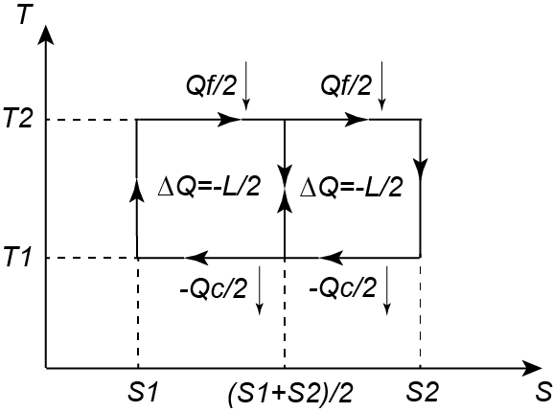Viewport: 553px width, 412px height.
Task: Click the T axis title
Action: tap(23, 13)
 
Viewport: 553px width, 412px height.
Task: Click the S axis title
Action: tap(543, 392)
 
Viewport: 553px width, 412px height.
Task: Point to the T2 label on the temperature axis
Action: tap(18, 120)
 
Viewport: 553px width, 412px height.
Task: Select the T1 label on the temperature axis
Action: tap(16, 257)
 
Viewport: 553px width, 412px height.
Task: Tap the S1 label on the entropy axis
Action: tap(141, 392)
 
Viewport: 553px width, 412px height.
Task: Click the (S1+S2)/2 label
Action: tap(290, 393)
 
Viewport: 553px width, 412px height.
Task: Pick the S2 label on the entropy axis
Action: tap(422, 392)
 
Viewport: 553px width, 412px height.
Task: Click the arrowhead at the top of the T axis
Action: tap(45, 34)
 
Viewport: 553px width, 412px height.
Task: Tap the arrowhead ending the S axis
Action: tap(530, 368)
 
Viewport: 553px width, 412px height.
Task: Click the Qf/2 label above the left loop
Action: tap(211, 85)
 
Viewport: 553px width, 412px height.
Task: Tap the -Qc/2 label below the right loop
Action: tap(342, 288)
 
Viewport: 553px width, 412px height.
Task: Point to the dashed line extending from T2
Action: tap(92, 120)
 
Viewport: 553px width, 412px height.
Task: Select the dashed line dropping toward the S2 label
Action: tap(420, 313)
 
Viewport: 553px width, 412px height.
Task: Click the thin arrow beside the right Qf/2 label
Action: tap(381, 85)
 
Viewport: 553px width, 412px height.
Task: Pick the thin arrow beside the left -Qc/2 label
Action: tap(259, 290)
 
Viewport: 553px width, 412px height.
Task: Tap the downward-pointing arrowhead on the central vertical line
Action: tap(285, 172)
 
